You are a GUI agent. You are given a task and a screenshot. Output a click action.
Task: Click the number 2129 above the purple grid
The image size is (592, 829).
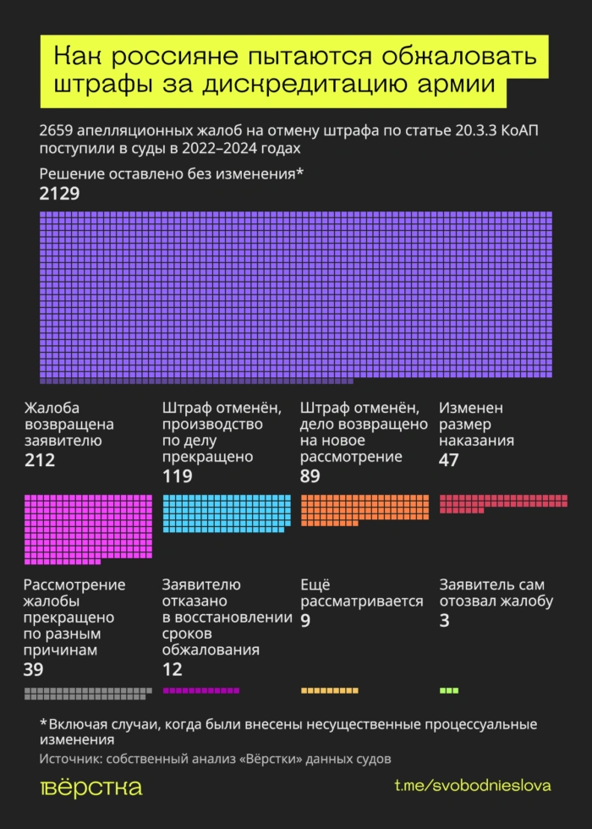[x=59, y=195]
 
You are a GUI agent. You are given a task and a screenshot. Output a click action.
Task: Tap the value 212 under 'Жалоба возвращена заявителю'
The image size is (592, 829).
[x=40, y=460]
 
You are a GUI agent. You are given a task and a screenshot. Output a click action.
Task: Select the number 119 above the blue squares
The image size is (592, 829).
[x=177, y=476]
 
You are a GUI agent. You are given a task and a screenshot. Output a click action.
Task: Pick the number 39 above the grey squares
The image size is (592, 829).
[x=35, y=670]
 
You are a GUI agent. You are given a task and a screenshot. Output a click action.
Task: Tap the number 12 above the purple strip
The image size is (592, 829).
[x=172, y=670]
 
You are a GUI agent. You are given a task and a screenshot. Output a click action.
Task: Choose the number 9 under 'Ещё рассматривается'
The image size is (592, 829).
[x=305, y=621]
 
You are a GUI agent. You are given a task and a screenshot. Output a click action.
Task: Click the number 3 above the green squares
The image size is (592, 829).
[x=444, y=621]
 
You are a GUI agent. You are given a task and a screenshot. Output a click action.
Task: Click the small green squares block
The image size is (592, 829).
[x=449, y=690]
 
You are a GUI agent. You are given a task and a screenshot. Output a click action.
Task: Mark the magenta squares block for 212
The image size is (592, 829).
[x=88, y=528]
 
